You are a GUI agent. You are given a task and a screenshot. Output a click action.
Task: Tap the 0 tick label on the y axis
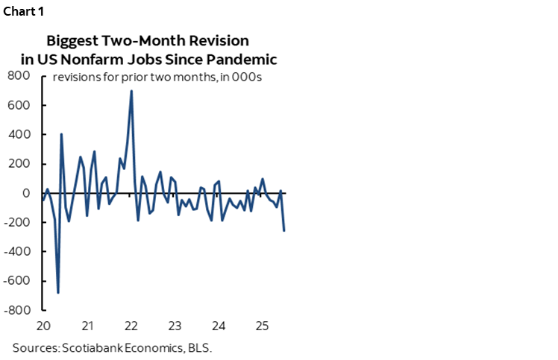[x=25, y=193]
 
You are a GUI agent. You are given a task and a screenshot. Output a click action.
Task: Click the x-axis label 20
[x=43, y=326]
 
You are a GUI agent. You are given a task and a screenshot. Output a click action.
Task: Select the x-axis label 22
[x=131, y=326]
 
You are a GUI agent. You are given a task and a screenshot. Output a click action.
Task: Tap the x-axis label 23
[x=175, y=326]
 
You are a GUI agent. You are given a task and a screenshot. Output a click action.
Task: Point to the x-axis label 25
[x=262, y=326]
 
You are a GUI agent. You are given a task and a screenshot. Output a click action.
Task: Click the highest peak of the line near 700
[x=131, y=91]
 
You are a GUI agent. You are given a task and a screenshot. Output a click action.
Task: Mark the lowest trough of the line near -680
[x=58, y=293]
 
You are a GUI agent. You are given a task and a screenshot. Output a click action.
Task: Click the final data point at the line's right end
[x=284, y=230]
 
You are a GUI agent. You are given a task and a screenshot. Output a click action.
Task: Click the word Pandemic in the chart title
[x=239, y=59]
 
